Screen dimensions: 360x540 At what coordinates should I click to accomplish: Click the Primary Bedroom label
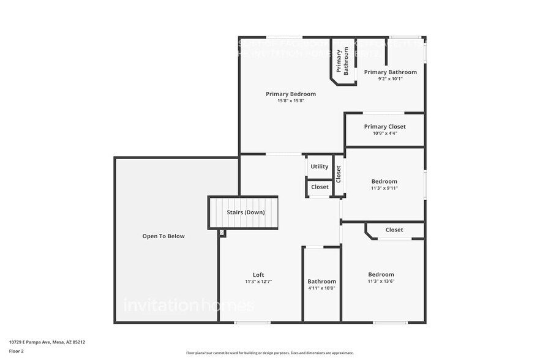(291, 94)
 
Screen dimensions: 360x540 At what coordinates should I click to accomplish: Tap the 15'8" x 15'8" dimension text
(291, 100)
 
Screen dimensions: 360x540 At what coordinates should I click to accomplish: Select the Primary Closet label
(384, 127)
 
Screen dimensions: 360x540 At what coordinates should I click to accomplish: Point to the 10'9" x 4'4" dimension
(384, 133)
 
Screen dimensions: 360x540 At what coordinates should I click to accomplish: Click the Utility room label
(319, 167)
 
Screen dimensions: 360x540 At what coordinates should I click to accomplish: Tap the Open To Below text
(163, 236)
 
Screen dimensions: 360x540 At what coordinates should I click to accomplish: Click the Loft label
(258, 275)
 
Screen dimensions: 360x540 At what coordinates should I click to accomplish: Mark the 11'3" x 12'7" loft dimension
(258, 282)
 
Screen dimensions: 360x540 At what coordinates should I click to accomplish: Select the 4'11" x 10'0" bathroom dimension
(321, 288)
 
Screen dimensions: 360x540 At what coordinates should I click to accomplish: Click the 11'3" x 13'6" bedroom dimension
(381, 282)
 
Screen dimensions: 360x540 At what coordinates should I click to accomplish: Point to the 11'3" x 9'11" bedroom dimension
(384, 189)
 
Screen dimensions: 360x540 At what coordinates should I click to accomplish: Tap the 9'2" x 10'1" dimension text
(390, 79)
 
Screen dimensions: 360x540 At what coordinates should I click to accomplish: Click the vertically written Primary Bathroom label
(342, 61)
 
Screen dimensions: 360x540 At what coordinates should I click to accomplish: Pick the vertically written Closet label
(339, 174)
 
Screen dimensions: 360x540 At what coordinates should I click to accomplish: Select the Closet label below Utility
(320, 187)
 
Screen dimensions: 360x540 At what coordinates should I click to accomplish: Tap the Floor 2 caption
(17, 351)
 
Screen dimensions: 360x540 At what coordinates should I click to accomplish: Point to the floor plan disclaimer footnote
(269, 353)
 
